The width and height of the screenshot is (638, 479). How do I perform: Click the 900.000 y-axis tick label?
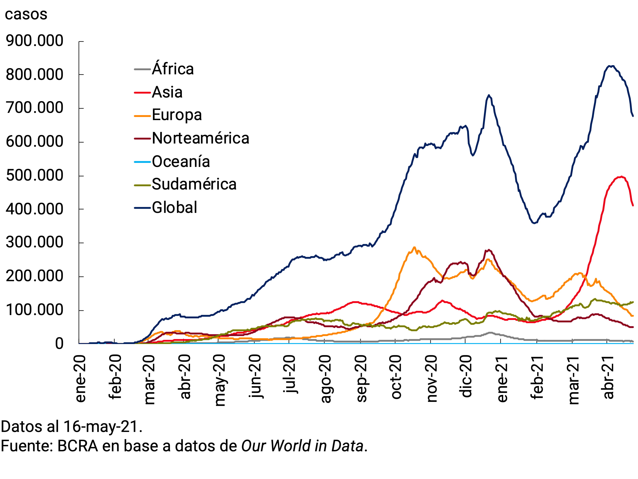(34, 41)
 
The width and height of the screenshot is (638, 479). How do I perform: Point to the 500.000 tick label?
(34, 175)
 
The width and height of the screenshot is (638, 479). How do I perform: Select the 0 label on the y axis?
(59, 344)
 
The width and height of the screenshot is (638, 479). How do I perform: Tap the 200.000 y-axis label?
(34, 276)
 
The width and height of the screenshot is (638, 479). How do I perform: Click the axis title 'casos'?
(26, 14)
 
